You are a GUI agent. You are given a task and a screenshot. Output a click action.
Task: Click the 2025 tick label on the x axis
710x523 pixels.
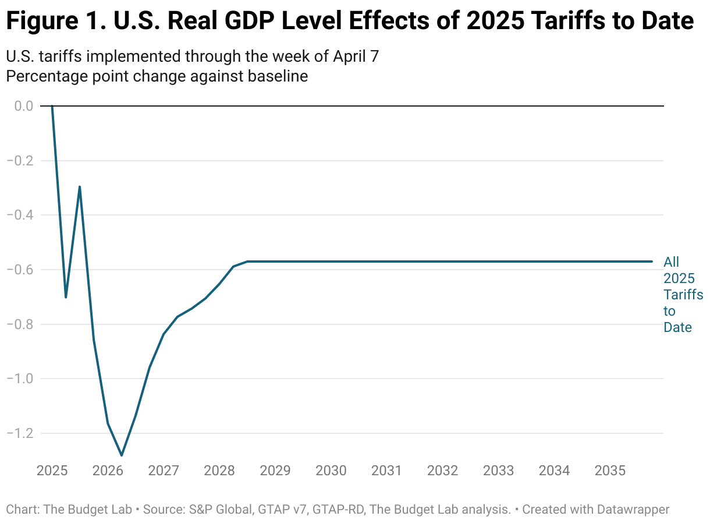pyautogui.click(x=52, y=471)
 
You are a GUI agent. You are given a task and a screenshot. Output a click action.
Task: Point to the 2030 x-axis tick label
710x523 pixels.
pyautogui.click(x=331, y=471)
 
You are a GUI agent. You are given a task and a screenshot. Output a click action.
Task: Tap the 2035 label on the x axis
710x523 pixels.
pyautogui.click(x=610, y=471)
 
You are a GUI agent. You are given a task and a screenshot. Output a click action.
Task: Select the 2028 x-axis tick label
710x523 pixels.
pyautogui.click(x=219, y=471)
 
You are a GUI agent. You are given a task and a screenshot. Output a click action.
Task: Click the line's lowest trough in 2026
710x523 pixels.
pyautogui.click(x=122, y=455)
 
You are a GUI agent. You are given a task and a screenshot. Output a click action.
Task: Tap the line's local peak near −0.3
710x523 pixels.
pyautogui.click(x=80, y=187)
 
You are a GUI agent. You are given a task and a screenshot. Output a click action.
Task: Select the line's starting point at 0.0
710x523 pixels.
pyautogui.click(x=52, y=106)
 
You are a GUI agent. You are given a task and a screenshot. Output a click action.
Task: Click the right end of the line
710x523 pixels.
pyautogui.click(x=652, y=261)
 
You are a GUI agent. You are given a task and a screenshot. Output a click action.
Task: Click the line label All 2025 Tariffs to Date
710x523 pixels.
pyautogui.click(x=683, y=295)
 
